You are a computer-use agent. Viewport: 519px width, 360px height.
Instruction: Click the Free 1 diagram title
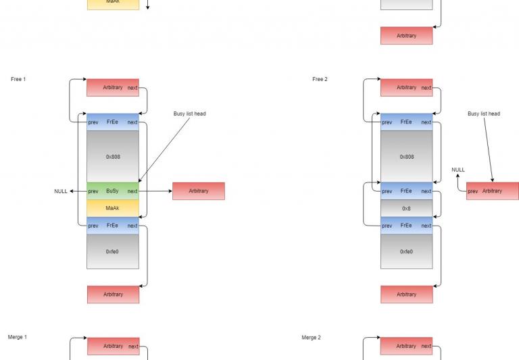pos(18,80)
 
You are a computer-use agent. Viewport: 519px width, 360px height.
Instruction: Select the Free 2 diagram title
pos(320,80)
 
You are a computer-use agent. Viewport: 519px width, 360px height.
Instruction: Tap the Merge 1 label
pos(18,337)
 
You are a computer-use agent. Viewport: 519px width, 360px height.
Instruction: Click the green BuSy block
pos(112,191)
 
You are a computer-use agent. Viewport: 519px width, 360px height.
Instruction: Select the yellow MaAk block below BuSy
pos(112,208)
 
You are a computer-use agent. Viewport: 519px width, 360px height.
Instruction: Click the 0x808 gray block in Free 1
pos(112,157)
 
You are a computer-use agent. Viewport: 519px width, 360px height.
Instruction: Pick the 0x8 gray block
pos(406,209)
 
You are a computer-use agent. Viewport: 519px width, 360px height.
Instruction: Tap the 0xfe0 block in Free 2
pos(406,251)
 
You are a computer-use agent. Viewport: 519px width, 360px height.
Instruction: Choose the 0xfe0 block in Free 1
pos(112,251)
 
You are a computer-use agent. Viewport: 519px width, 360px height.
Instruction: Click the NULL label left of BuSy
pos(61,192)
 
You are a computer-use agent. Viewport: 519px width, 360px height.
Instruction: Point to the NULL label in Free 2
pos(458,170)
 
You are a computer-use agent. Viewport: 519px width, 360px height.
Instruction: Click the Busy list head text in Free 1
pos(189,114)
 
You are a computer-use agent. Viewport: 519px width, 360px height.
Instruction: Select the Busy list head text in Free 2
pos(484,114)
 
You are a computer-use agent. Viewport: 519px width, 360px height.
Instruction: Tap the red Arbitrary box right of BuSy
pos(199,191)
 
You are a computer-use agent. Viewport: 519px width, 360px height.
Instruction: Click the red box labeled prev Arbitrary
pos(493,191)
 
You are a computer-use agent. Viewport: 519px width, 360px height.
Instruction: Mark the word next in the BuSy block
pos(132,191)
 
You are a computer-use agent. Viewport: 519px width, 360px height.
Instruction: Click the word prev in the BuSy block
pos(93,191)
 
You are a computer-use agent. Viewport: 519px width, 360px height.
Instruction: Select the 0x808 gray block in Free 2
pos(406,157)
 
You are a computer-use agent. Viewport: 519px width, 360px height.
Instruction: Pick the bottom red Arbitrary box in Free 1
pos(113,294)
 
